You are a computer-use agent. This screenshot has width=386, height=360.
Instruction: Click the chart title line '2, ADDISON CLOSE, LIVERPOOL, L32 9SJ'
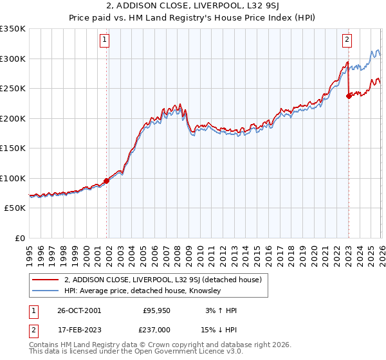193,7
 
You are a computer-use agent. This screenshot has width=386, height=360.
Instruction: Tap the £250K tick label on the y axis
13,89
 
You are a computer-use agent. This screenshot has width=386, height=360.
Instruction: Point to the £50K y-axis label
15,208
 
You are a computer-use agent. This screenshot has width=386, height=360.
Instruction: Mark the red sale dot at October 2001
107,181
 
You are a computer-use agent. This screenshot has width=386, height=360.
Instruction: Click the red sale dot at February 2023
349,96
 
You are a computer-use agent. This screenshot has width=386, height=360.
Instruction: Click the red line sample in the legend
45,280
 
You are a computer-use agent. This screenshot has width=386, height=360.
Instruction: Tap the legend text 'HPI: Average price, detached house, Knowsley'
142,291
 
